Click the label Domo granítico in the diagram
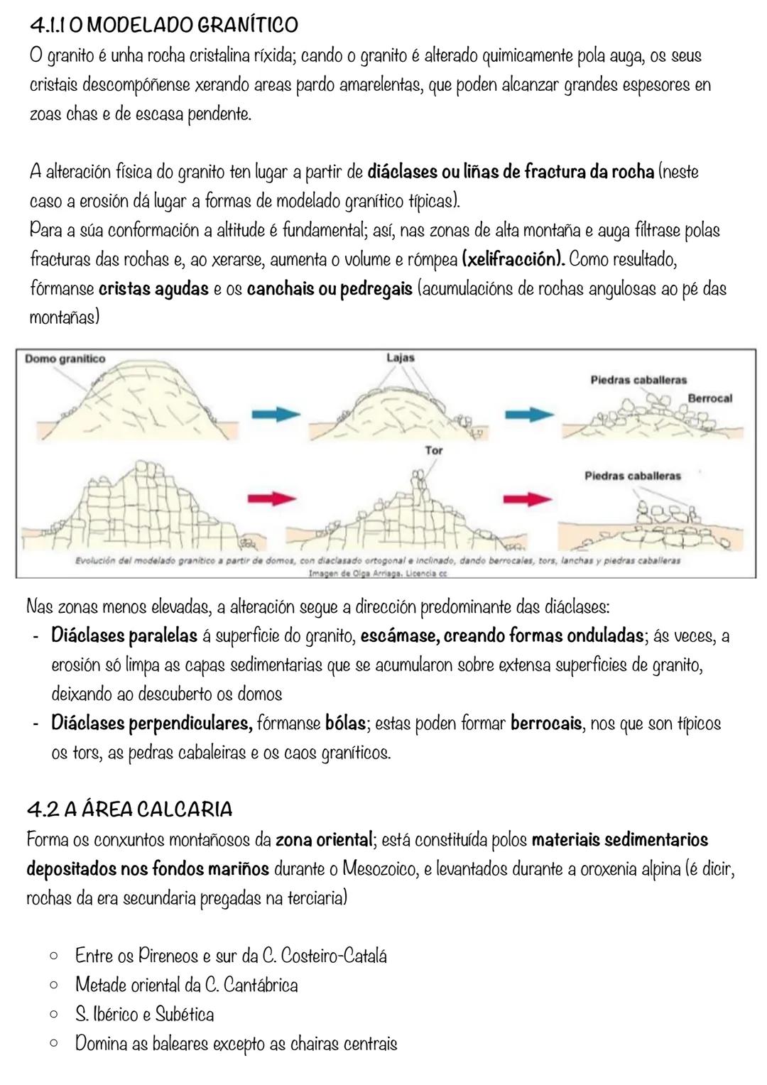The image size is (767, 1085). (x=65, y=359)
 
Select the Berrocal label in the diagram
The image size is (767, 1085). (x=709, y=398)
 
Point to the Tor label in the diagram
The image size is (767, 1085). (x=433, y=450)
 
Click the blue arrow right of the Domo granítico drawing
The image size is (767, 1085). (x=276, y=413)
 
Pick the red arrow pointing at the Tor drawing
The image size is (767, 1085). (x=275, y=498)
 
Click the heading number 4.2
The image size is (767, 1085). (x=42, y=809)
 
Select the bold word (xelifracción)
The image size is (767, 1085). (x=513, y=259)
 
